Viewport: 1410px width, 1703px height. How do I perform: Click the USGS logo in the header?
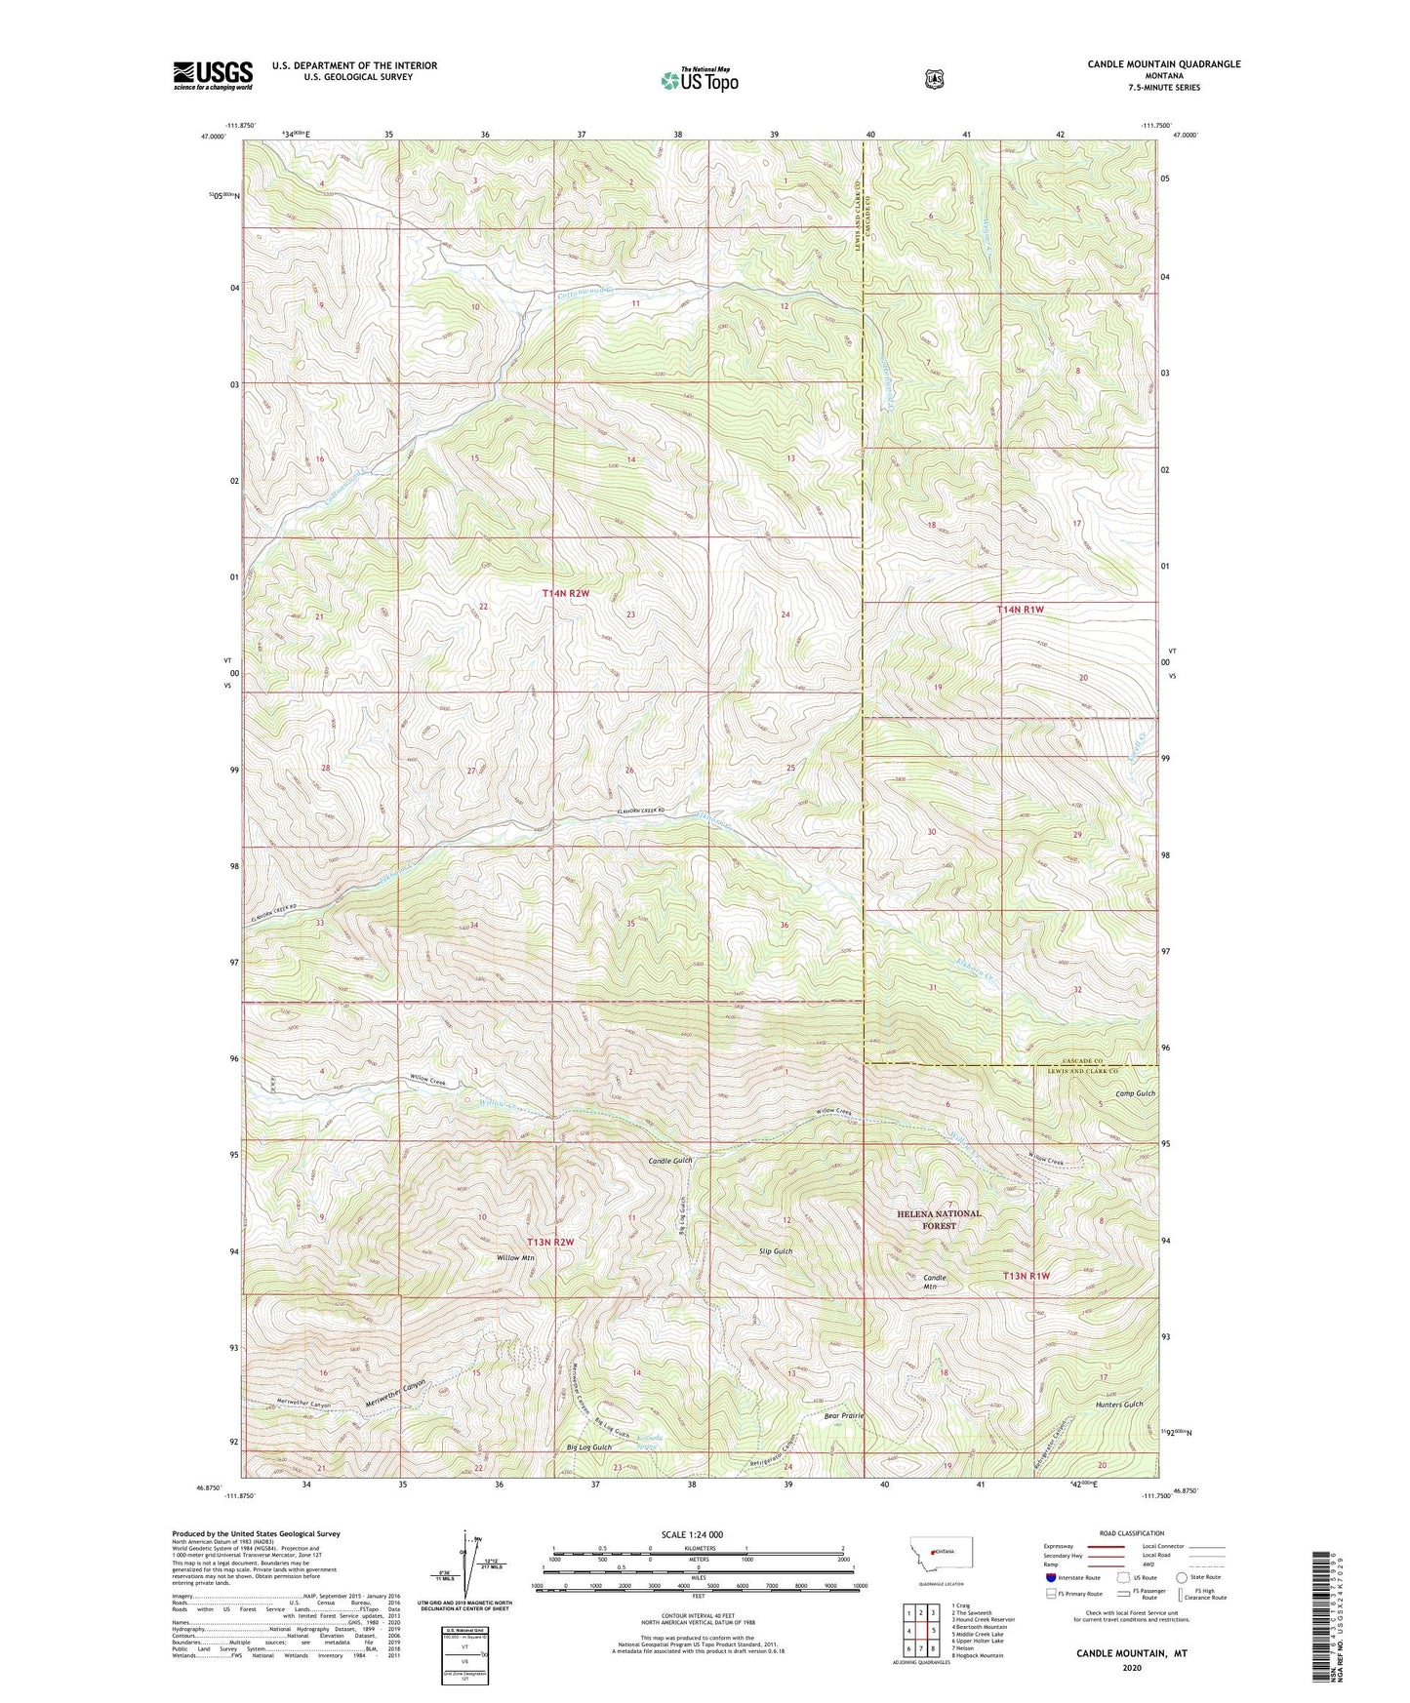point(213,74)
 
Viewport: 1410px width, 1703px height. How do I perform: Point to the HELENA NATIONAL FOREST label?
point(939,1219)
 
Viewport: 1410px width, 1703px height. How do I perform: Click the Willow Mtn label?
point(515,1258)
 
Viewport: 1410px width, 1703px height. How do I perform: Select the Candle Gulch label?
point(670,1162)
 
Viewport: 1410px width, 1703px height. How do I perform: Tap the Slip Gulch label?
point(775,1250)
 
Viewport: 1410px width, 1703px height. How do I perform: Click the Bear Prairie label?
point(844,1415)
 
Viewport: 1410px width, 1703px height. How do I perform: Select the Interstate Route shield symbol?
point(1050,1577)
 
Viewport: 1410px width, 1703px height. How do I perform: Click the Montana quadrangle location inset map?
point(938,1551)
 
